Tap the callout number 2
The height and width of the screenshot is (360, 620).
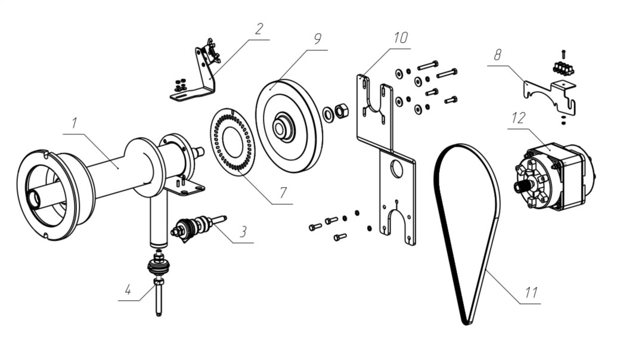pyautogui.click(x=258, y=29)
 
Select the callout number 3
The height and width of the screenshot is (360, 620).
pyautogui.click(x=243, y=232)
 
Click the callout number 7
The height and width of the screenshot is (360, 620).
pyautogui.click(x=283, y=193)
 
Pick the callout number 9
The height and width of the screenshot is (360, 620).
pyautogui.click(x=317, y=39)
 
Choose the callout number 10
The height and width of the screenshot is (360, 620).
pyautogui.click(x=401, y=38)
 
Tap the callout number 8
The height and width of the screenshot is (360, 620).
pyautogui.click(x=497, y=55)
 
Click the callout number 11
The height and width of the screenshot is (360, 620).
pyautogui.click(x=531, y=293)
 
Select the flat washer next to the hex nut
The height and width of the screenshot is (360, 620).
pyautogui.click(x=328, y=113)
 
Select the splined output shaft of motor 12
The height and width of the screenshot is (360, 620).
pyautogui.click(x=520, y=186)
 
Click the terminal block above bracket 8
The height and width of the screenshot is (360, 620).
pyautogui.click(x=563, y=67)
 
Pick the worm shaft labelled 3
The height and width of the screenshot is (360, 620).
pyautogui.click(x=197, y=227)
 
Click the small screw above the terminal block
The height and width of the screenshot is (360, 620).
pyautogui.click(x=563, y=53)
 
